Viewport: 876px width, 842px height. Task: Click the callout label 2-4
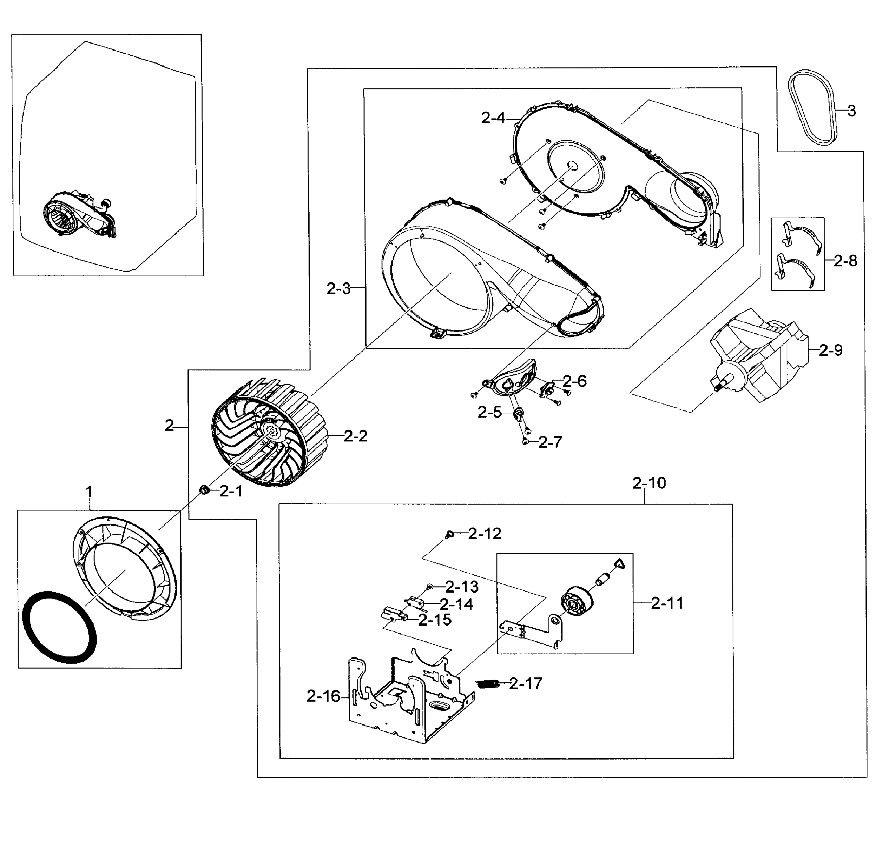pyautogui.click(x=493, y=118)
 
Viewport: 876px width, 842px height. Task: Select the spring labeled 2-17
pyautogui.click(x=488, y=684)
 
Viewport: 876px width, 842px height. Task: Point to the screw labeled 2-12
pyautogui.click(x=450, y=534)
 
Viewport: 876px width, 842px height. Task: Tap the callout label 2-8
pyautogui.click(x=845, y=261)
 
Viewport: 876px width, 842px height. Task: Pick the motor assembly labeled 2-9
pyautogui.click(x=760, y=357)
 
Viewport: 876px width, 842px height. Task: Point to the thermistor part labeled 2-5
pyautogui.click(x=519, y=413)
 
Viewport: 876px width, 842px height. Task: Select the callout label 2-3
pyautogui.click(x=338, y=289)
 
